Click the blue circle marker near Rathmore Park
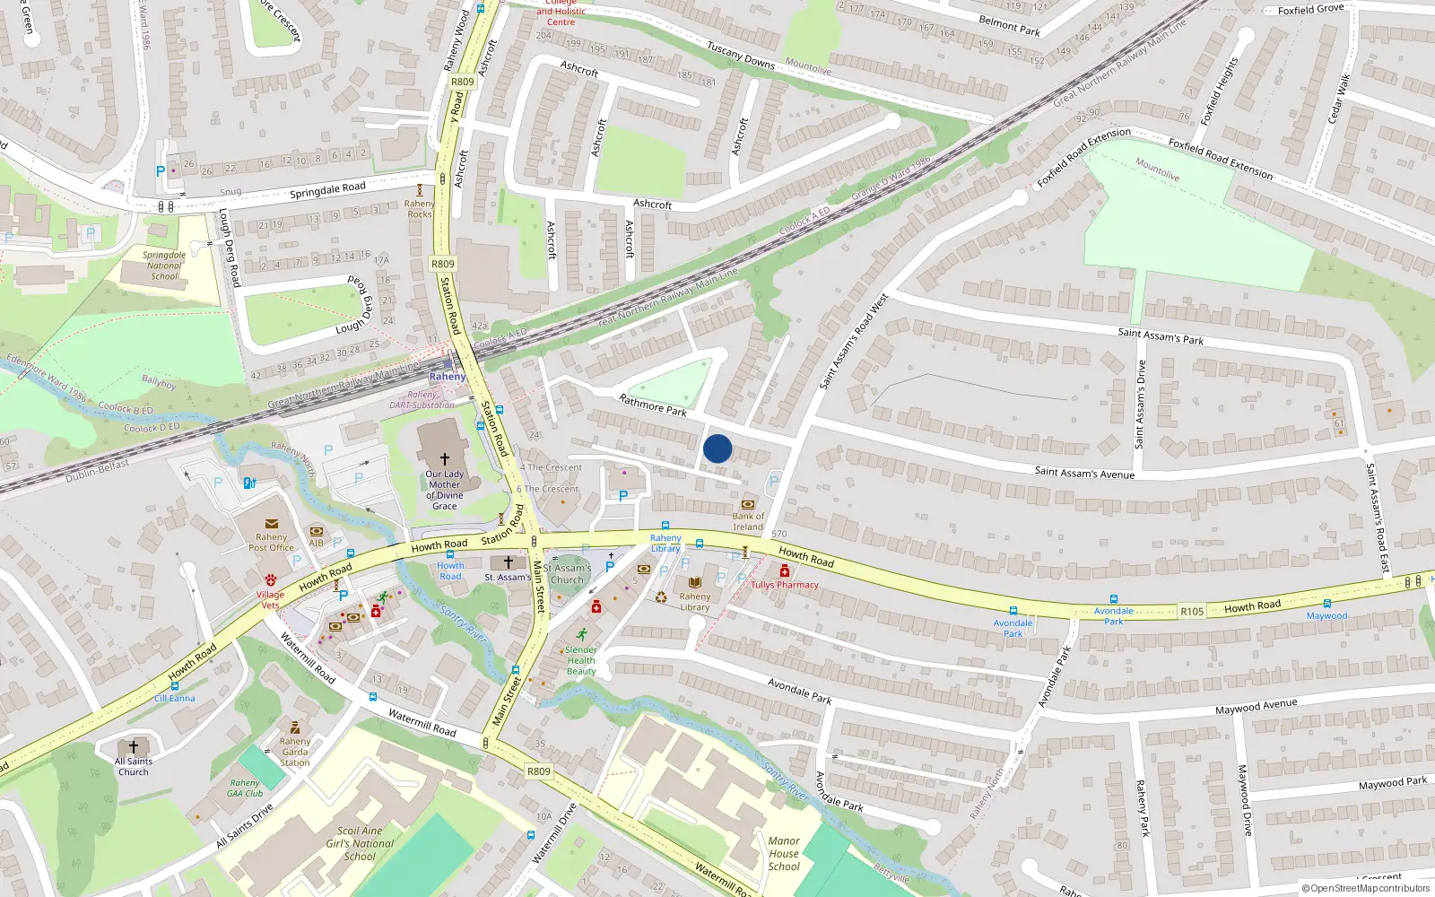(x=717, y=448)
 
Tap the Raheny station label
(x=447, y=377)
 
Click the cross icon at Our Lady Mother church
(x=444, y=458)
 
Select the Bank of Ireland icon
(x=748, y=504)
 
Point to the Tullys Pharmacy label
(x=785, y=585)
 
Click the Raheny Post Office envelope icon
(x=271, y=524)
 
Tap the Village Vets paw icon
(x=270, y=580)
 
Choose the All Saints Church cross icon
(x=134, y=746)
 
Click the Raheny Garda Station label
(x=294, y=753)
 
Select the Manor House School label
(x=784, y=854)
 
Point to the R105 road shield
(x=1192, y=612)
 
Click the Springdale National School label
(x=164, y=266)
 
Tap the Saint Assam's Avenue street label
(x=1084, y=473)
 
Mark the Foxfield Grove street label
(x=1310, y=10)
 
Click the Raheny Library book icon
(x=694, y=582)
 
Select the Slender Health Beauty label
(x=581, y=660)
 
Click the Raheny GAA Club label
(x=245, y=788)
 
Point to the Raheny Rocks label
(x=419, y=209)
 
